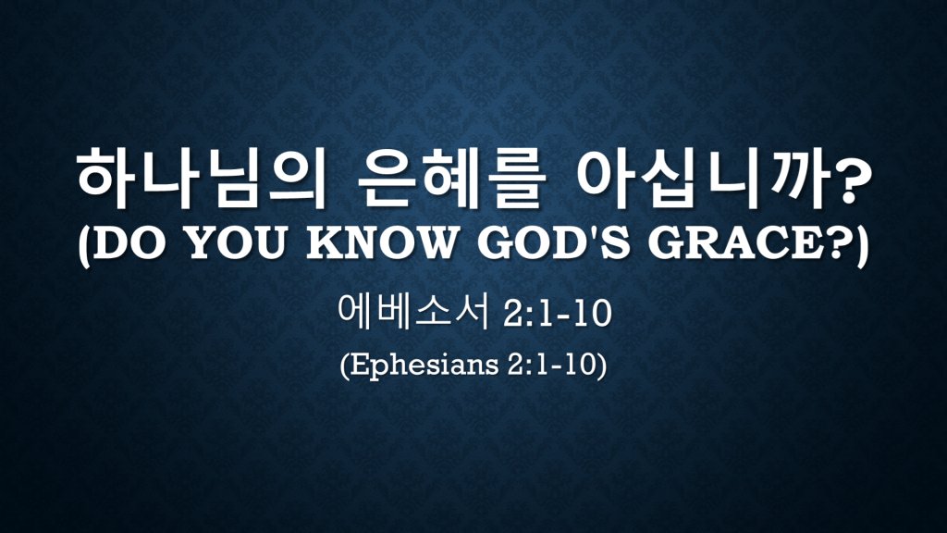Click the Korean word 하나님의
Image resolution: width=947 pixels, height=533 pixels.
click(x=201, y=179)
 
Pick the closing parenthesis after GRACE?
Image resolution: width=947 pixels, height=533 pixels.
click(x=859, y=245)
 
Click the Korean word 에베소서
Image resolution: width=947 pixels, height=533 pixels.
click(x=413, y=312)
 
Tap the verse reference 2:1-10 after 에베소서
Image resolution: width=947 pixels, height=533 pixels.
click(x=556, y=315)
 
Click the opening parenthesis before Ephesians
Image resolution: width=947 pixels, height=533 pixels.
click(x=344, y=366)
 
